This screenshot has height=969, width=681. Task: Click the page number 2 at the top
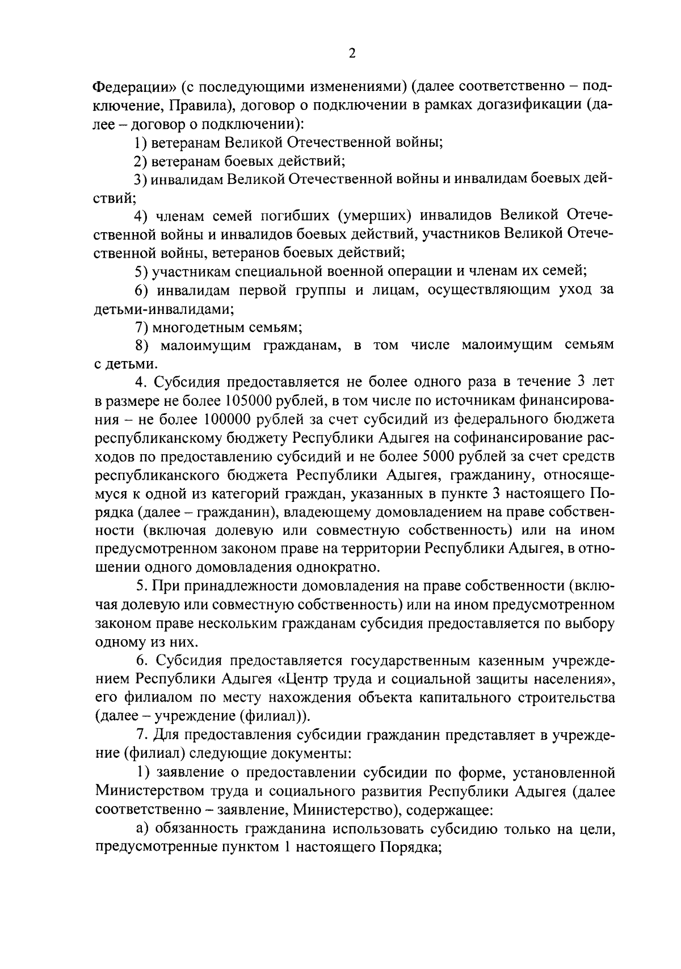(352, 53)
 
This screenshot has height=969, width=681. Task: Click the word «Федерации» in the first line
(135, 87)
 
